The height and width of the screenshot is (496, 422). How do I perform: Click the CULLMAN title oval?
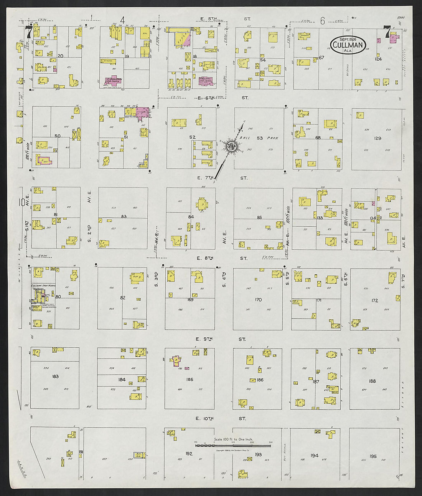[x=348, y=45]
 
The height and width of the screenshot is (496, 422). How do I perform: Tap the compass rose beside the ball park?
[x=231, y=146]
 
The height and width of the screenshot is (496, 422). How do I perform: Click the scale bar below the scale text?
[x=233, y=445]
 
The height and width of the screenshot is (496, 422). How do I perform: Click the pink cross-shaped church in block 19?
[x=114, y=80]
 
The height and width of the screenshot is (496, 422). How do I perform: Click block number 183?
[x=55, y=376]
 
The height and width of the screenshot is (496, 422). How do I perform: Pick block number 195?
[x=373, y=456]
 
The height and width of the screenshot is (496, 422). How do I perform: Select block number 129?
[x=378, y=138]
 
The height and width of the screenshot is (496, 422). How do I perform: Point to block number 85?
[x=259, y=217]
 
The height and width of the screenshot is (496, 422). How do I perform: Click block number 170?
[x=258, y=299]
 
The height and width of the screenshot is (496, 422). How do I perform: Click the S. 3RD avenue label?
[x=157, y=280]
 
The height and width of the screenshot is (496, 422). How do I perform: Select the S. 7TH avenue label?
[x=403, y=280]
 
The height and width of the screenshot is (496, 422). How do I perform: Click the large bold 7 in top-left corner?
[x=28, y=32]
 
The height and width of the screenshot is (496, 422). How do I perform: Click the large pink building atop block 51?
[x=142, y=112]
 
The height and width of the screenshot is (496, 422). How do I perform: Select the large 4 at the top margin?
[x=122, y=20]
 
